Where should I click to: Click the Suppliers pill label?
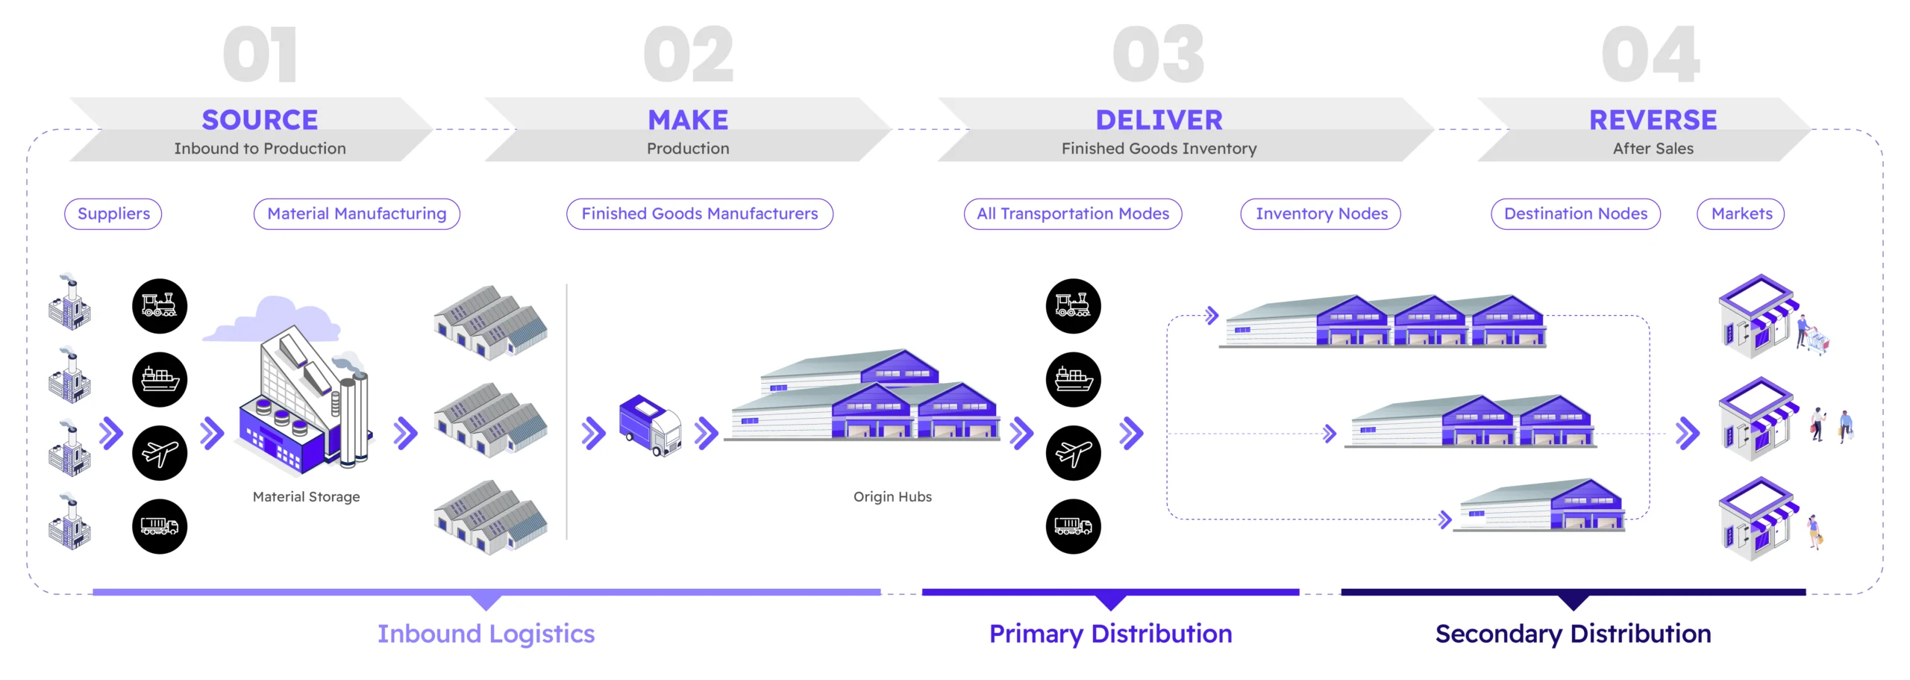point(113,214)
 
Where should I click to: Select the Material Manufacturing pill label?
point(357,214)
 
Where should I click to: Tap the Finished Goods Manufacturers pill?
point(699,214)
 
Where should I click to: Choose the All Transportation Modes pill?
point(1073,214)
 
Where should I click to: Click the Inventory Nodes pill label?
point(1321,214)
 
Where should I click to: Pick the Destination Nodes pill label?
point(1575,214)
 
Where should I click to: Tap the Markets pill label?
point(1741,214)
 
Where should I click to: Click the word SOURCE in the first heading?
point(260,119)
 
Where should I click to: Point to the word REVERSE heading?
point(1653,119)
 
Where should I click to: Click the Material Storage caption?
point(306,497)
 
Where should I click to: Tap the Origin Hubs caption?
point(892,497)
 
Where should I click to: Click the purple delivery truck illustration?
point(650,425)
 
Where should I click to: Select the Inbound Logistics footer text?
point(486,634)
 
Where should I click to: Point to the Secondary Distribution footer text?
point(1573,634)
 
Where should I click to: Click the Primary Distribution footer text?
point(1110,634)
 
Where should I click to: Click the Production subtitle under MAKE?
point(688,149)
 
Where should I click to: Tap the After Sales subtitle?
point(1653,149)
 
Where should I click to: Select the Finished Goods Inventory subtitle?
point(1159,149)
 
